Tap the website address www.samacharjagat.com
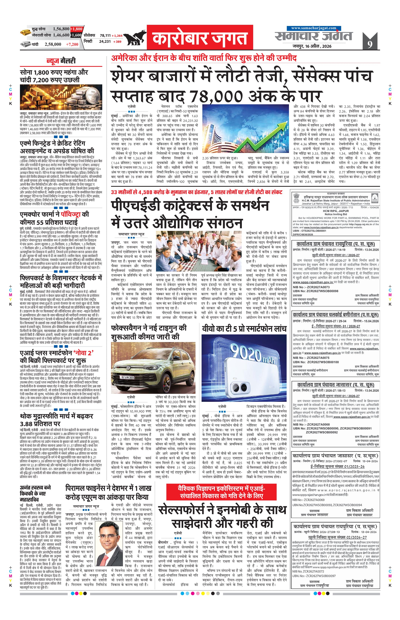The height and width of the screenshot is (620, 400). [x=314, y=28]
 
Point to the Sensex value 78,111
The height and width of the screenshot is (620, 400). [x=105, y=35]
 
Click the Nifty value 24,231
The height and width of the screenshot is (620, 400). [x=105, y=41]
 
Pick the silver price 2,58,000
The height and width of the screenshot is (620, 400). [x=53, y=44]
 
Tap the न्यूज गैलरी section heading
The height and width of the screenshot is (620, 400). [x=61, y=61]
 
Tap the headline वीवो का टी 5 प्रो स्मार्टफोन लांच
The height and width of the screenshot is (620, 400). [x=244, y=329]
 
